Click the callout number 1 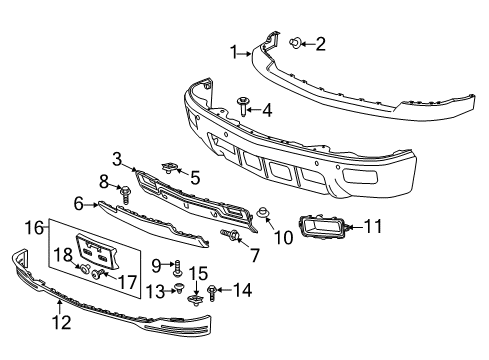click(x=235, y=53)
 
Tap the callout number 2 click(x=320, y=43)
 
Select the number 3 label click(x=117, y=157)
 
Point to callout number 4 click(x=266, y=110)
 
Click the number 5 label click(x=195, y=178)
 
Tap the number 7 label click(x=254, y=256)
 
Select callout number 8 click(x=102, y=180)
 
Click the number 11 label click(x=372, y=228)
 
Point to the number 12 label click(x=62, y=323)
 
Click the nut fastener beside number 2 click(x=298, y=43)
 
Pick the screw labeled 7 click(x=233, y=236)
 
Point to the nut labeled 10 click(x=263, y=211)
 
